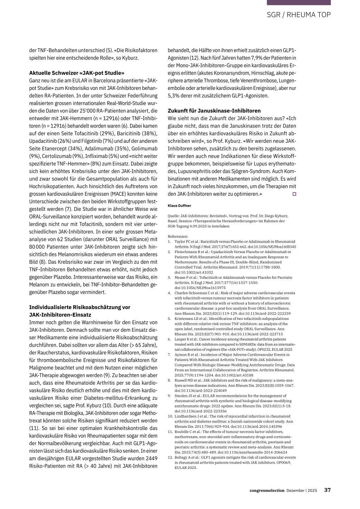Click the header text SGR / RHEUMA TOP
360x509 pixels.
298,15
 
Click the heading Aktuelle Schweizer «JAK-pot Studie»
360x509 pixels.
77,73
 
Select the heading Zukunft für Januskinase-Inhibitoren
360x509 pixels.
214,110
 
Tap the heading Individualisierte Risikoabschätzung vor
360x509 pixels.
79,307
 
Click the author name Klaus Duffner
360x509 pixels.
179,206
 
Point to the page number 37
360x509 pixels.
327,490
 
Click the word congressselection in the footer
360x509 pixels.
267,490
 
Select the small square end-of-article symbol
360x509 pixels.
294,194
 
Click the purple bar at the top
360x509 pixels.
298,2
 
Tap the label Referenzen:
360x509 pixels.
178,237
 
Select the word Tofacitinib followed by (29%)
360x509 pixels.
87,134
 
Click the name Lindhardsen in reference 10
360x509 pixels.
186,416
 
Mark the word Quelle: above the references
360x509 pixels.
174,216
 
